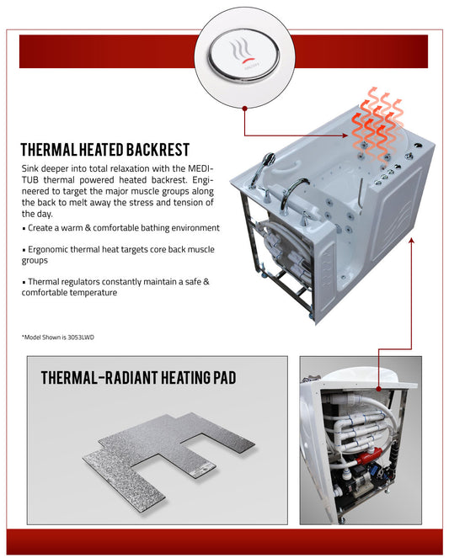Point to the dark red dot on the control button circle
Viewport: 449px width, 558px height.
pos(243,107)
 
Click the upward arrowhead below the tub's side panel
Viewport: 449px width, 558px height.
pos(412,239)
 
